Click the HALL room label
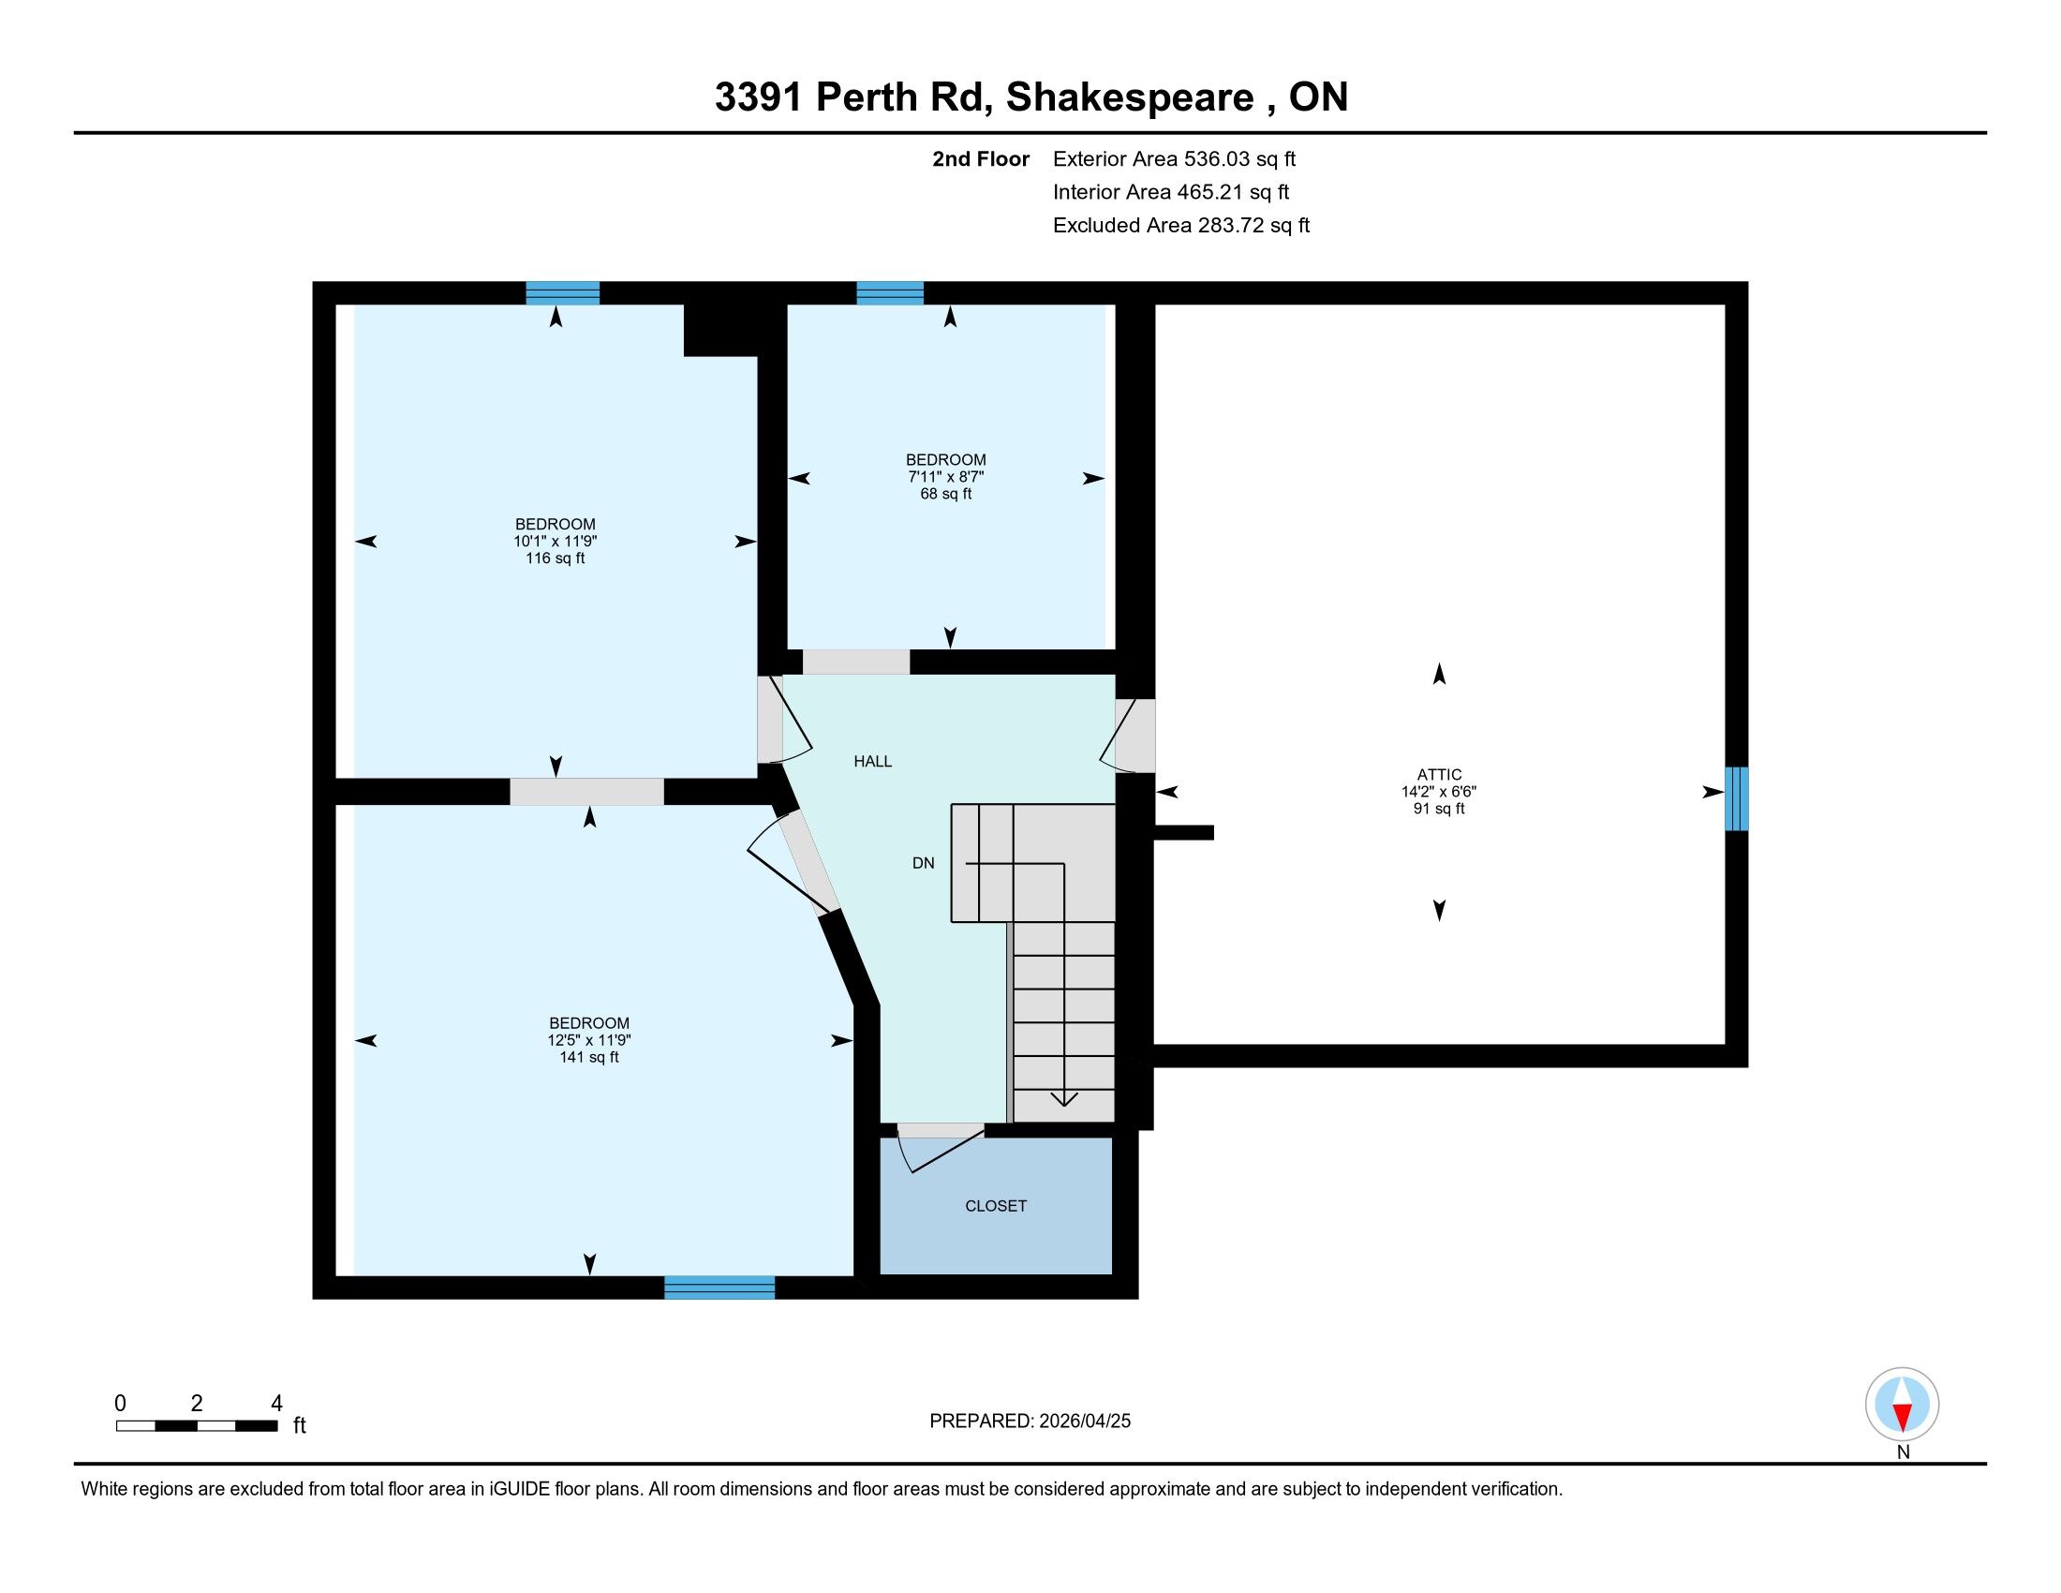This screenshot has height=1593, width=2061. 873,762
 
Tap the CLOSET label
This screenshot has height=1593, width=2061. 996,1206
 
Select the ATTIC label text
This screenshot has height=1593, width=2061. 1439,775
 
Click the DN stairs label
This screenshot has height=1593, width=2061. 923,862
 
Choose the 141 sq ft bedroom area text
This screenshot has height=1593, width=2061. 589,1057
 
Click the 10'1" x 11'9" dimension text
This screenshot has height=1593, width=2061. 555,541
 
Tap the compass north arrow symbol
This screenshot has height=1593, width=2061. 1903,1405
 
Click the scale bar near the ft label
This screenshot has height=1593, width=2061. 197,1425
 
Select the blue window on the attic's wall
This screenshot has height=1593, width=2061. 1736,798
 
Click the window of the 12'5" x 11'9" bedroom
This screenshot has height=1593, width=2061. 719,1288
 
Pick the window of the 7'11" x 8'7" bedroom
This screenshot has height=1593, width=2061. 890,292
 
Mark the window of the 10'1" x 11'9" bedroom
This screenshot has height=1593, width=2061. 562,292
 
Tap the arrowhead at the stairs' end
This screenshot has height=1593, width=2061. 1064,1098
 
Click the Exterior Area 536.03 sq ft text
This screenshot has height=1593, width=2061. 1174,158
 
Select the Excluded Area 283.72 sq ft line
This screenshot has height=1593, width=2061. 1181,225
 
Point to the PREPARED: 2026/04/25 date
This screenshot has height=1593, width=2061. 1030,1422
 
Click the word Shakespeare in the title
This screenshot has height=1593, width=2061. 1130,97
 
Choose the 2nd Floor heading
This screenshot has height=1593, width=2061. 981,158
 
